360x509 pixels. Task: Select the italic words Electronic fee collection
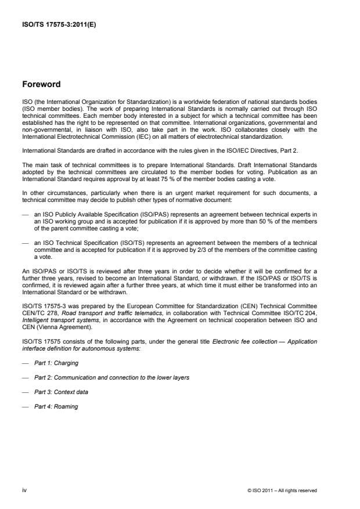(257, 342)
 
